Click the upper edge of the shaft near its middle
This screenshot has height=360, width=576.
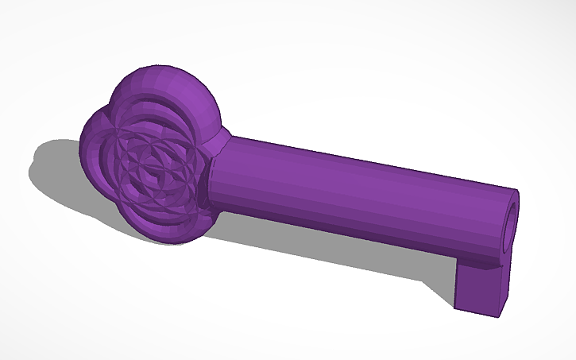tap(358, 160)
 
